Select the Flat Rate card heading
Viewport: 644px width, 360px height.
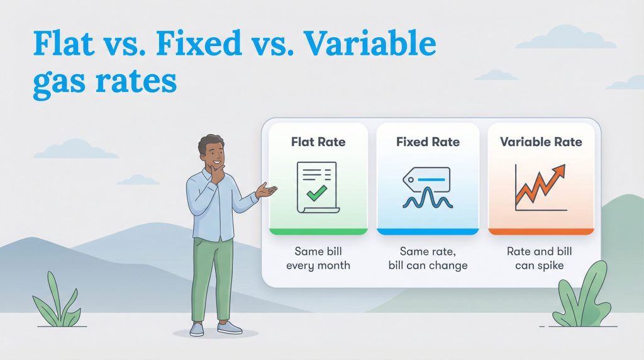[318, 142]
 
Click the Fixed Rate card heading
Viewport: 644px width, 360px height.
[428, 142]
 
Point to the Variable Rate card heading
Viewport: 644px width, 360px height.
[541, 142]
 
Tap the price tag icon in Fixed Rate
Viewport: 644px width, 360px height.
[426, 181]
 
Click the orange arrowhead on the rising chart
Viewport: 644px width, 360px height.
[558, 171]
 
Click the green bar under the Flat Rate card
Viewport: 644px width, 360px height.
[318, 232]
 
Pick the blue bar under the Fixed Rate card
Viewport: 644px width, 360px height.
[428, 232]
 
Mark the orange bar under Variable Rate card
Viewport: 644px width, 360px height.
[541, 232]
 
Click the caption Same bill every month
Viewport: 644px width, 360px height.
[318, 258]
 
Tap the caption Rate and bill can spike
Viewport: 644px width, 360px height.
[540, 258]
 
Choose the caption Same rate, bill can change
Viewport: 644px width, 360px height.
[428, 258]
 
